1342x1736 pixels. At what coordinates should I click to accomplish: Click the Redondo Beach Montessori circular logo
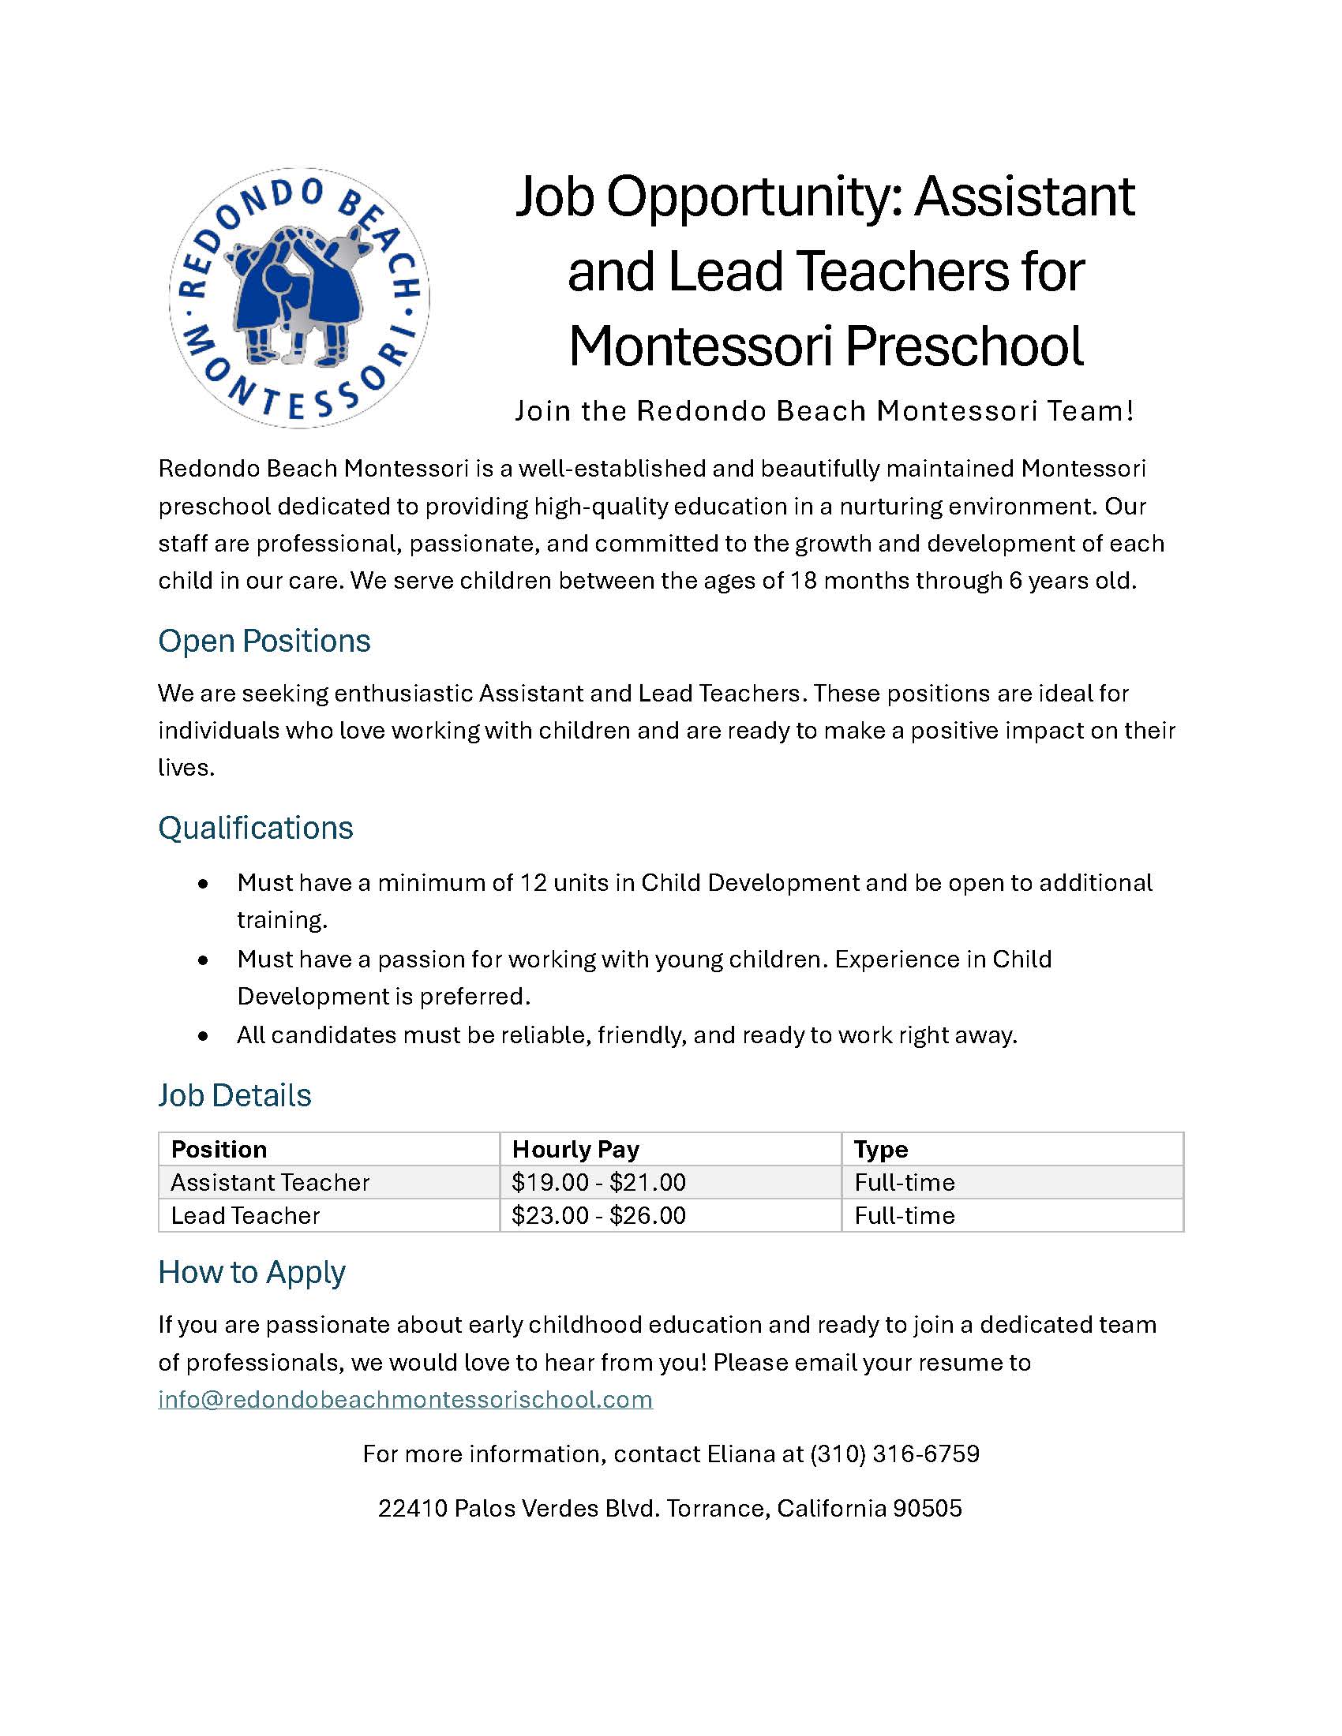(299, 298)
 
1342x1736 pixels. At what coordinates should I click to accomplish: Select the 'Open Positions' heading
(264, 641)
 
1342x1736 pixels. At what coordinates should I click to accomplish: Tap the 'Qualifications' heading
(255, 828)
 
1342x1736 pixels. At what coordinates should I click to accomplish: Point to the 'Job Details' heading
(234, 1095)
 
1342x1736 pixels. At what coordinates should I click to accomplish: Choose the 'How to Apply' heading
(251, 1272)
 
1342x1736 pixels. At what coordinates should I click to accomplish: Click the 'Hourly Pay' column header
(575, 1150)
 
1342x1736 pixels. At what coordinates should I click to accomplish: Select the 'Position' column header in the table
(219, 1150)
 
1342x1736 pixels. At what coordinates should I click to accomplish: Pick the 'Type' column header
(881, 1150)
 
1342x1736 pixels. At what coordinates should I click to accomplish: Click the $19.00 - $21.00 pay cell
(598, 1183)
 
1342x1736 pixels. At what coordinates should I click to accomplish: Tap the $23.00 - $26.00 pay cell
(598, 1215)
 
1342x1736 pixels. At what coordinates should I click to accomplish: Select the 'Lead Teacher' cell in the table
(245, 1215)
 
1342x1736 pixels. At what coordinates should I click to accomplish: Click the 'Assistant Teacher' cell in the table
(270, 1183)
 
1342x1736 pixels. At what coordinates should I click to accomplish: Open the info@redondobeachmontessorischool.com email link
(406, 1399)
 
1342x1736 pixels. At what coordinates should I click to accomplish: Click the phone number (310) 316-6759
(894, 1454)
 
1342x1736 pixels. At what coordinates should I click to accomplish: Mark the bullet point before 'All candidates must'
(204, 1036)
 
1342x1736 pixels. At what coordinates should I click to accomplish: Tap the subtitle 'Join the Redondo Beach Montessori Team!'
(823, 411)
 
